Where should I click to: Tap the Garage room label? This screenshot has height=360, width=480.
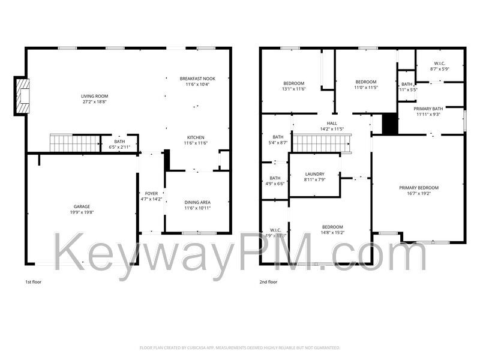(82, 206)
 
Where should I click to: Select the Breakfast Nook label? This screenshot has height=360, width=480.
(197, 79)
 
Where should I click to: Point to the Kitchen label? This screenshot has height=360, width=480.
(197, 136)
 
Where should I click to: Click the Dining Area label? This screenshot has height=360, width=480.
(197, 202)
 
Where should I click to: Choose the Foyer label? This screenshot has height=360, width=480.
(151, 193)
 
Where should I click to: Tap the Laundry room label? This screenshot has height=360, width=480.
(314, 174)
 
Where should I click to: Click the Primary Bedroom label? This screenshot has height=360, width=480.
(419, 188)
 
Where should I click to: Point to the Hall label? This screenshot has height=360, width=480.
(332, 123)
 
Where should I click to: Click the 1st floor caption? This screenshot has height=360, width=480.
(33, 281)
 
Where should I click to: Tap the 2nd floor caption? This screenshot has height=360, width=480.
(269, 281)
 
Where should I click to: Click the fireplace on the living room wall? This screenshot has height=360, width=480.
(22, 96)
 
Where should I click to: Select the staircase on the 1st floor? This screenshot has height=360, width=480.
(74, 144)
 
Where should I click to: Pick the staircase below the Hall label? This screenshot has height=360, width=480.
(320, 144)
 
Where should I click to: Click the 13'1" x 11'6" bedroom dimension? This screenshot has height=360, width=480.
(294, 89)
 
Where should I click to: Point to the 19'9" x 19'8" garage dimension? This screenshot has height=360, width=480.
(82, 212)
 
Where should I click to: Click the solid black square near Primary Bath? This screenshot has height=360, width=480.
(390, 124)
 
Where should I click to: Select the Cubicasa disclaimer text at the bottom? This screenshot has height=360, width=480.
(240, 347)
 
